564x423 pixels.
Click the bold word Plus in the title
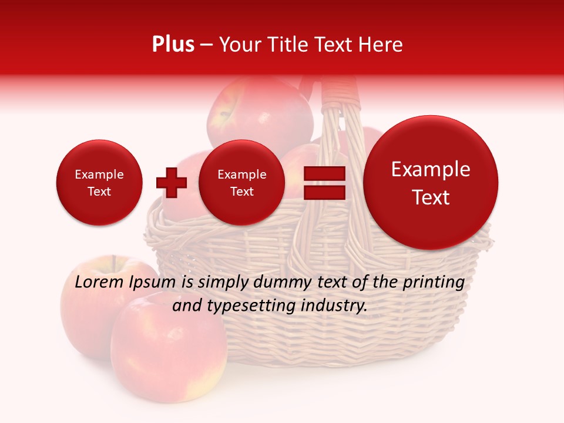tap(173, 45)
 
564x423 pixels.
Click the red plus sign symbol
tap(171, 183)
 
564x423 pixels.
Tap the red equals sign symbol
tap(324, 183)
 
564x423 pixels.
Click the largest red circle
tap(431, 183)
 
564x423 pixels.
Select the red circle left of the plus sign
tap(99, 183)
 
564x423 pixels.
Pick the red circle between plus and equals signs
tap(241, 183)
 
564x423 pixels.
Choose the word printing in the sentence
tap(433, 283)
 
